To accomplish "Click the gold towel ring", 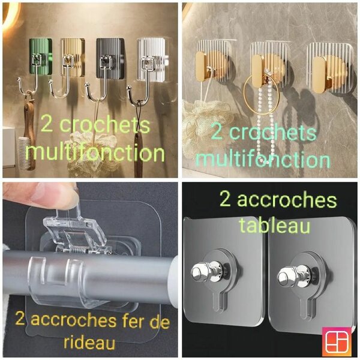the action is [x=262, y=95].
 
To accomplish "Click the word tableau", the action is [x=274, y=226].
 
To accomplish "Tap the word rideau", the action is [x=89, y=343].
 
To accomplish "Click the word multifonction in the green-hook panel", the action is [x=95, y=152].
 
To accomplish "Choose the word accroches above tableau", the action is [x=287, y=200].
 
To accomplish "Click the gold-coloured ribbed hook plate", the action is [x=73, y=58].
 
